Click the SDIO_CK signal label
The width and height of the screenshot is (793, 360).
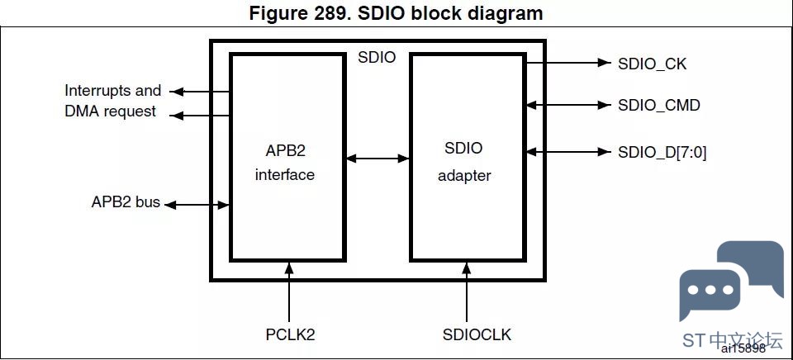[652, 64]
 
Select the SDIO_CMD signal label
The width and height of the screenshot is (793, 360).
[658, 105]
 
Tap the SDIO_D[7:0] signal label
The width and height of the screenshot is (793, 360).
[662, 152]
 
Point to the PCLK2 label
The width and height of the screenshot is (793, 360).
[290, 334]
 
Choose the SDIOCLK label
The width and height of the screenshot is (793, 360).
[477, 334]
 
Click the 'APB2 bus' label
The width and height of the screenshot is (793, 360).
[126, 202]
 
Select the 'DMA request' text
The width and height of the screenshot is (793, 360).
[110, 111]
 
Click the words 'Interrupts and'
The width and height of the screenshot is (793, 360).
[112, 90]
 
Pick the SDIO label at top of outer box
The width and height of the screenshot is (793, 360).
[377, 58]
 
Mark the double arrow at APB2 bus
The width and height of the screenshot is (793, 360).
[197, 204]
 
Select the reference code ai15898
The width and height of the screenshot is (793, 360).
[743, 348]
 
